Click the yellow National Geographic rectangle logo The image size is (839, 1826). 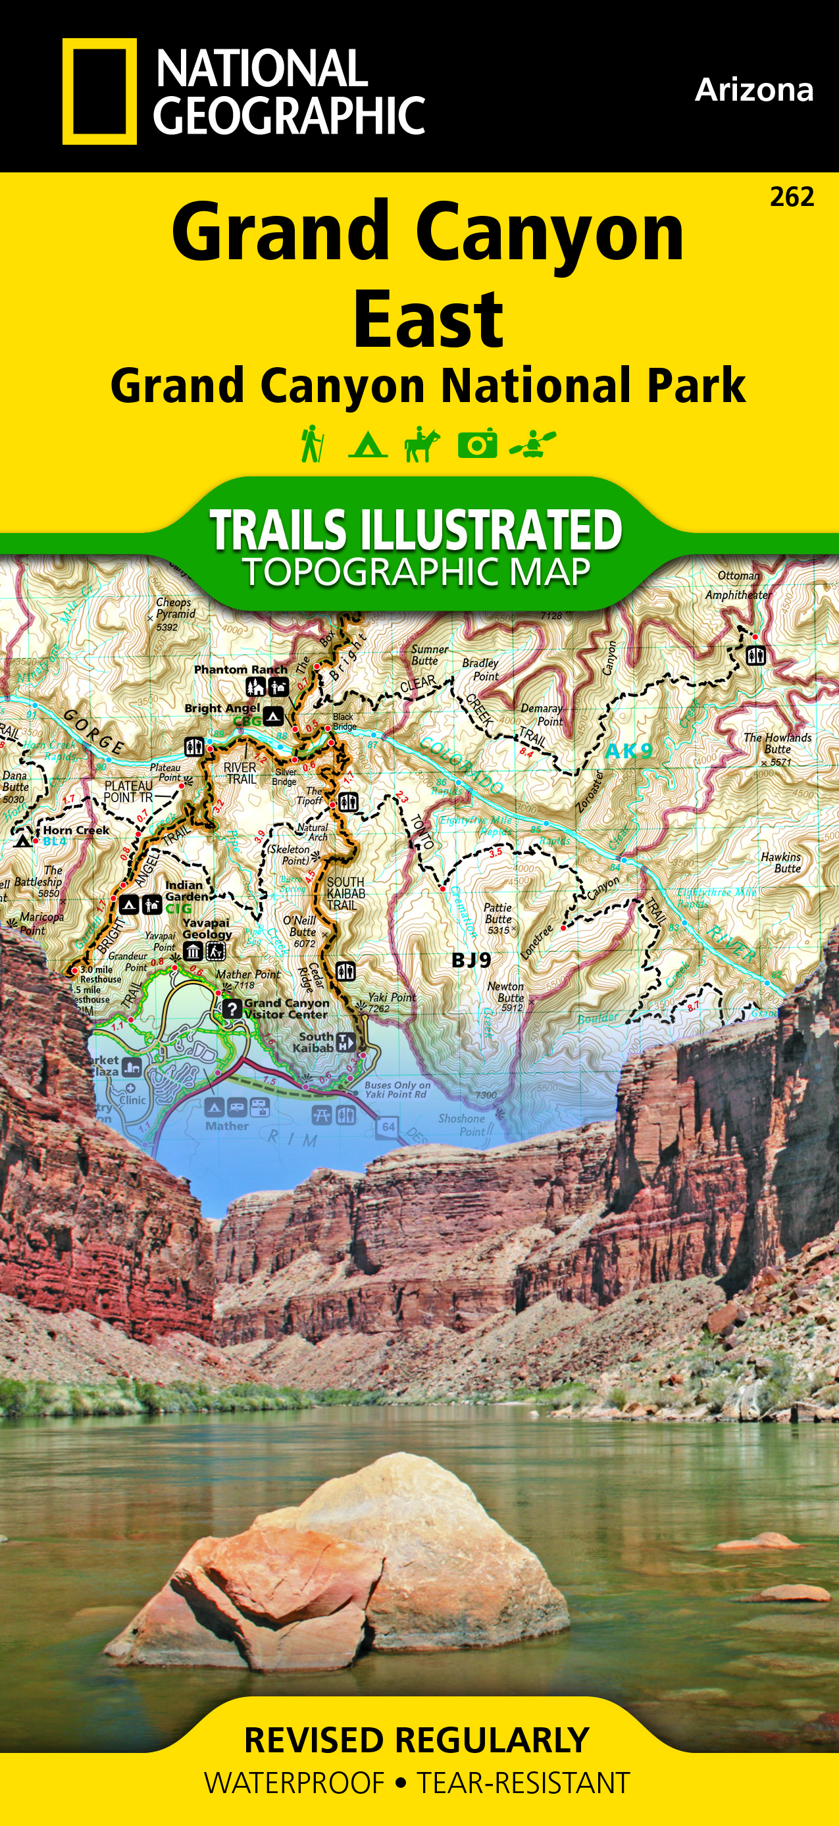pos(99,91)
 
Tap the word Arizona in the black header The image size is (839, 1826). pos(753,90)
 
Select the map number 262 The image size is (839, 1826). pos(792,196)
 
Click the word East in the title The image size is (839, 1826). pos(428,320)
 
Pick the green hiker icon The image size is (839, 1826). pos(312,444)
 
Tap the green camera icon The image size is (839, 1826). pos(477,444)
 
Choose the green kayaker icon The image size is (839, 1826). pos(533,444)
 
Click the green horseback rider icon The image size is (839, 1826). pos(422,444)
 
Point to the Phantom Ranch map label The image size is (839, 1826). pos(240,669)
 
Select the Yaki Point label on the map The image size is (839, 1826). pos(391,997)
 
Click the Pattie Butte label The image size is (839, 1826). pos(497,913)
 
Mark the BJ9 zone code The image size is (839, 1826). pos(471,961)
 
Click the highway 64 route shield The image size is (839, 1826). pos(388,1127)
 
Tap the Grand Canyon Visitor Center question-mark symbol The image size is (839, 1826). pos(232,1008)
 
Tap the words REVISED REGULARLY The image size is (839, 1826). pos(417,1740)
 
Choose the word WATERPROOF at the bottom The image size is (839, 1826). pos(294,1783)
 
